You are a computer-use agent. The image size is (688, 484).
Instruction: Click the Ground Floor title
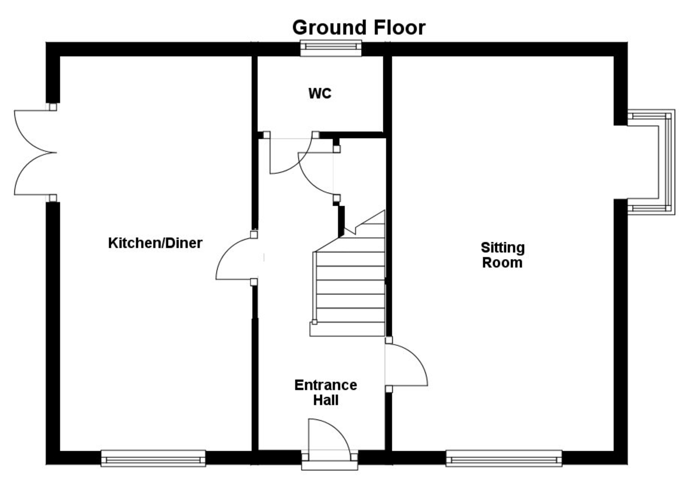pos(359,27)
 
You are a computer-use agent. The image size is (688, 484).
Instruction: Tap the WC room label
pos(319,93)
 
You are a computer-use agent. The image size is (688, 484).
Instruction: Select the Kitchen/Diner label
pos(155,243)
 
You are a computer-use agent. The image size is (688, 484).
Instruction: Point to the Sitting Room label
pos(502,255)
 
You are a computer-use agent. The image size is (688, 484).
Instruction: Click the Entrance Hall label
pos(326,392)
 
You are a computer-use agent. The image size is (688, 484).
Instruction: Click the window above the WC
pos(332,49)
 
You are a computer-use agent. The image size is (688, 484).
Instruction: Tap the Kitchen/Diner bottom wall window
pos(153,458)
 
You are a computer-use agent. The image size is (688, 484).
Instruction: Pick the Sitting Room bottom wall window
pos(504,458)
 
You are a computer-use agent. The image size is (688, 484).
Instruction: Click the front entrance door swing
pos(328,438)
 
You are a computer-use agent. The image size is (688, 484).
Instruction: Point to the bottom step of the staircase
pos(347,329)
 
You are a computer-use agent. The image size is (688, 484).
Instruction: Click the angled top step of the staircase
pos(367,223)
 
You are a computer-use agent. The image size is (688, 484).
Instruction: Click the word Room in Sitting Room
pos(502,263)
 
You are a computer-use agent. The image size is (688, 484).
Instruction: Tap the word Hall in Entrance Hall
pos(326,400)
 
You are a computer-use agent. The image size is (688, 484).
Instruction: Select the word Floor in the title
pos(397,27)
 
